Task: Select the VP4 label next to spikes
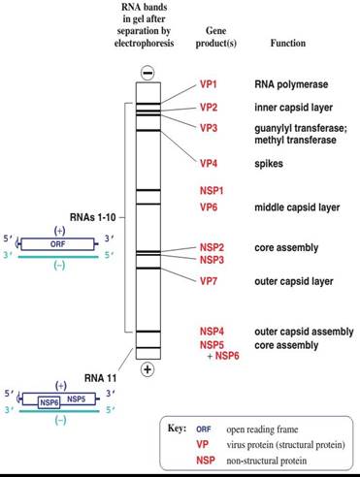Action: [x=209, y=163]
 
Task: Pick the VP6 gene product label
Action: [x=209, y=207]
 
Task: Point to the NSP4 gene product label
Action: [x=213, y=332]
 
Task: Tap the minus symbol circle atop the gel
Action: [x=147, y=74]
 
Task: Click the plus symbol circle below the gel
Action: [x=147, y=369]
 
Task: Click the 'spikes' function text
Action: [x=269, y=163]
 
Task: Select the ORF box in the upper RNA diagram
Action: [x=32, y=244]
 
